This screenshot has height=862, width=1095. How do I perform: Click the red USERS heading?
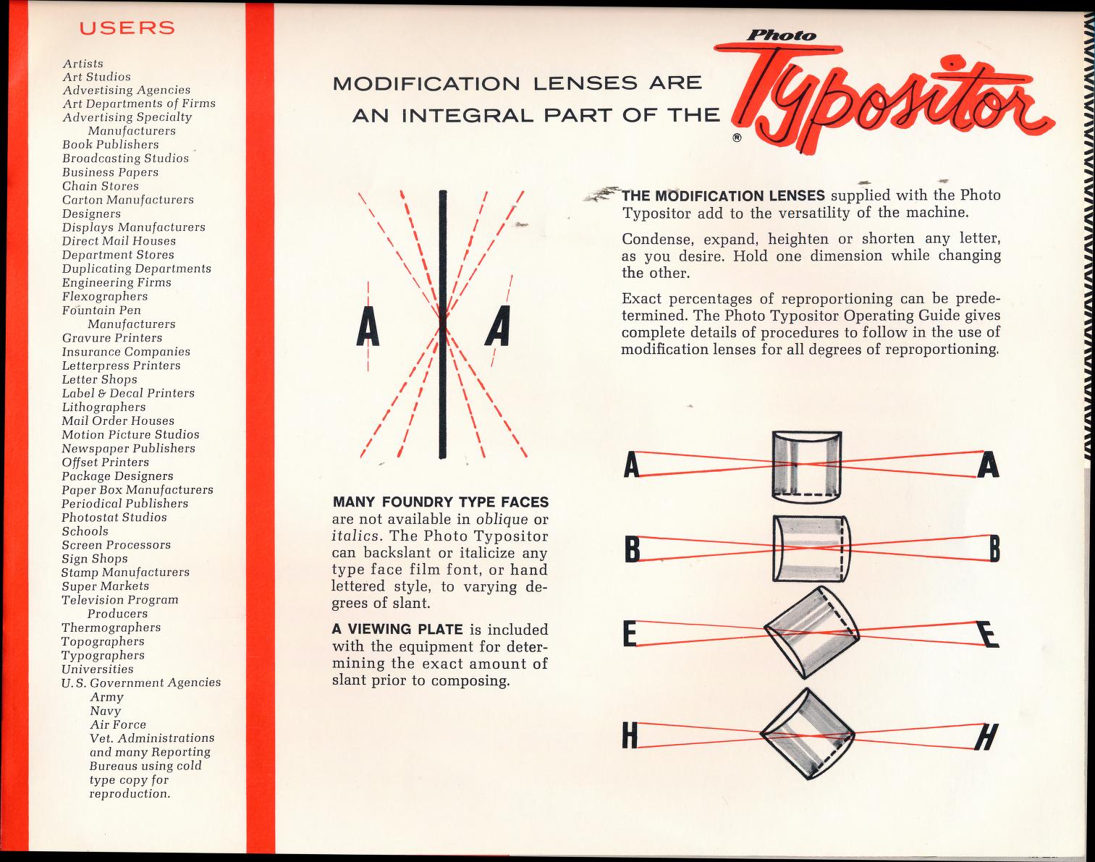coord(127,28)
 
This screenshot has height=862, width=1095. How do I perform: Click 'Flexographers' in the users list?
coord(104,296)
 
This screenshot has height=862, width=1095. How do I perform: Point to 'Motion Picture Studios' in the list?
coord(130,434)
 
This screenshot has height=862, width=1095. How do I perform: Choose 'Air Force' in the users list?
coord(118,724)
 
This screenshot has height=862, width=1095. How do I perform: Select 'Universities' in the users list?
coord(98,669)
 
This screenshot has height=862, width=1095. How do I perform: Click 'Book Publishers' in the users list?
coord(110,144)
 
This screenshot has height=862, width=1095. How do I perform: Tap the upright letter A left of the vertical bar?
coord(368,327)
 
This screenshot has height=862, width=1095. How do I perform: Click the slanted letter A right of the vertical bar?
coord(499,327)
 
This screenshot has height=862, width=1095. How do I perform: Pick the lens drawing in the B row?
coord(809,548)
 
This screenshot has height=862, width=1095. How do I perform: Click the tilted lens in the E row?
coord(811,631)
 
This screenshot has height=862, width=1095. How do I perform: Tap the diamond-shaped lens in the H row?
coord(808,733)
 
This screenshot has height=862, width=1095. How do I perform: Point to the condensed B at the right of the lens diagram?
coord(994,552)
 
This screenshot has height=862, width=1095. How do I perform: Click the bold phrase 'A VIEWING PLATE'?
coord(397,630)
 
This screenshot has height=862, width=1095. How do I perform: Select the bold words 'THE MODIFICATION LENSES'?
coord(723,195)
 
